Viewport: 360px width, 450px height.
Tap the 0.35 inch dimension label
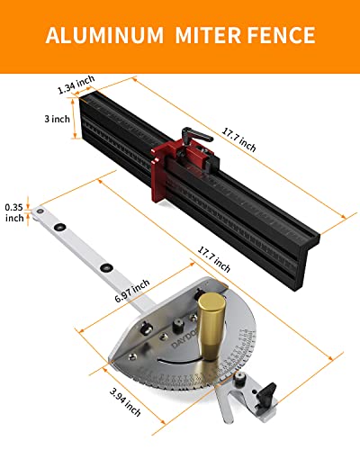coord(14,211)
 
